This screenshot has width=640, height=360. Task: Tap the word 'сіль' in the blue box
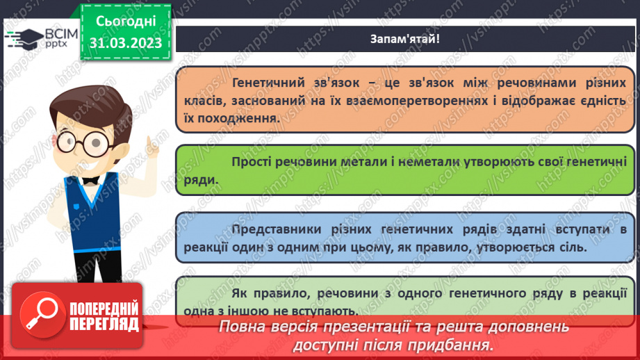tap(572, 247)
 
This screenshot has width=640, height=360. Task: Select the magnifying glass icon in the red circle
tap(42, 313)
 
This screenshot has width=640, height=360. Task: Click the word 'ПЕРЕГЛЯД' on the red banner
tap(104, 324)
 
